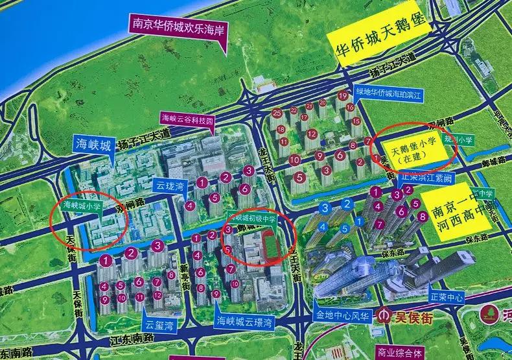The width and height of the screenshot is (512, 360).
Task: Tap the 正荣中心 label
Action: [x=447, y=298]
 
